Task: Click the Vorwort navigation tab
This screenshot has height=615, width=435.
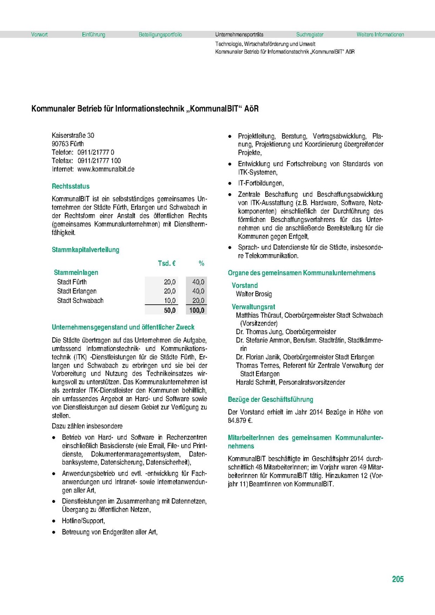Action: [39, 35]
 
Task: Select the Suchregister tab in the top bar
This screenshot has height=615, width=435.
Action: [310, 35]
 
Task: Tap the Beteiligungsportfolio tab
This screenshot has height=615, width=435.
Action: [160, 35]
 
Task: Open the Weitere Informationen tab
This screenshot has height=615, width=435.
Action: [380, 35]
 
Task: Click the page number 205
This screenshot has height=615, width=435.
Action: [398, 579]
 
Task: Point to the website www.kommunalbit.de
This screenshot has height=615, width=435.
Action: [106, 169]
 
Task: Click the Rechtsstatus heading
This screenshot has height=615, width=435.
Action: [70, 187]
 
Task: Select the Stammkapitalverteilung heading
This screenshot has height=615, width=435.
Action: [85, 250]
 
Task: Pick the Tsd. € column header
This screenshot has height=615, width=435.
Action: [166, 263]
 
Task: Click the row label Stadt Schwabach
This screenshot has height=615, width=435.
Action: [80, 300]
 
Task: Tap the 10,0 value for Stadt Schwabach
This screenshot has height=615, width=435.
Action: [170, 300]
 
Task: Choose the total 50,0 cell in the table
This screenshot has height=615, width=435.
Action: [170, 310]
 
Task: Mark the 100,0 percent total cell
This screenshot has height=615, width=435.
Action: [196, 310]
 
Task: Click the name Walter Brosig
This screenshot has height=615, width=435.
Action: [254, 294]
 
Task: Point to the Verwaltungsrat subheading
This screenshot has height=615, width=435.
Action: [250, 306]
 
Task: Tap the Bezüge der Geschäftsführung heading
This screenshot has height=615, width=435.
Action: [270, 399]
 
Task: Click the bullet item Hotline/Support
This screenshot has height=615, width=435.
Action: [83, 521]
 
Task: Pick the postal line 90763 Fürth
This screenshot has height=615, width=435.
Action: [68, 144]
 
